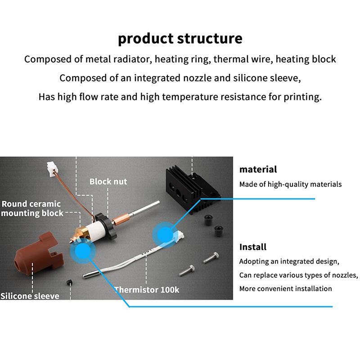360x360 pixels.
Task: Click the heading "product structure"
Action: (180, 38)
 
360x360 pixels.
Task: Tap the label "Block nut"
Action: (108, 182)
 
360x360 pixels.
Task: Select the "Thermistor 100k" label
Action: (147, 290)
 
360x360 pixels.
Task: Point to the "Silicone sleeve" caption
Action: (29, 296)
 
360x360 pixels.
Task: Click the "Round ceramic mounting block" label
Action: (32, 208)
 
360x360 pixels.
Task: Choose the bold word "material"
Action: (258, 170)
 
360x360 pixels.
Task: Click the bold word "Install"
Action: (252, 247)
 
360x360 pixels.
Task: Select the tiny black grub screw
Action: (70, 282)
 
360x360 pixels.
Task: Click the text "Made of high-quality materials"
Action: (290, 184)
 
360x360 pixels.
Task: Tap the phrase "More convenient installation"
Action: (285, 288)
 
